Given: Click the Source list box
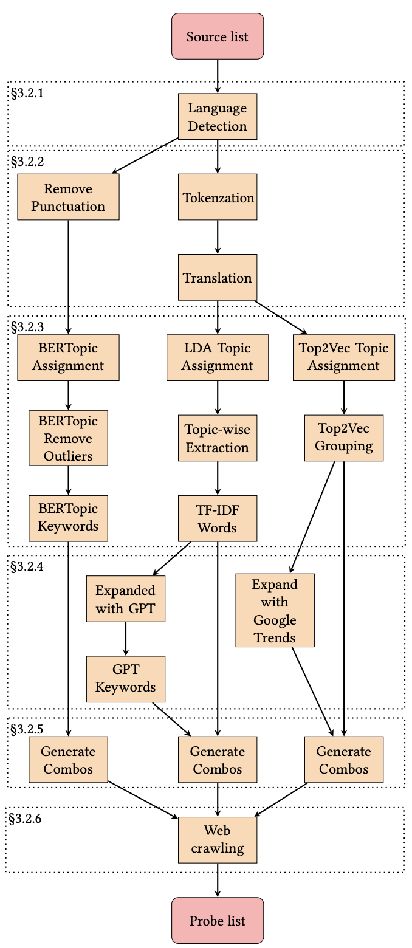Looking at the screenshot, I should coord(218,36).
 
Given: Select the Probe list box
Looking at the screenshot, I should coord(218,920).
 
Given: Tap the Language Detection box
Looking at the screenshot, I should coord(218,117).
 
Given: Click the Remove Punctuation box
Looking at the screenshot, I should coord(68,197).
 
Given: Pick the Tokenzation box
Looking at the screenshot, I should coord(218,197).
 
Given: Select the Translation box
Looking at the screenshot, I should coord(218,277).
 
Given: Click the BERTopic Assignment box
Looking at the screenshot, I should coord(68,357).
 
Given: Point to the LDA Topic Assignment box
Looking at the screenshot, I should coord(218,357).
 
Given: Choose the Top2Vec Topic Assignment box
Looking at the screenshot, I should coord(344,357).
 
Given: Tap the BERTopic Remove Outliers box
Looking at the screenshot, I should coord(68,438).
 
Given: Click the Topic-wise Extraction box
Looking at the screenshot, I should coord(218,438).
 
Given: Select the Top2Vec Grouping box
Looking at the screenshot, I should coord(344,438).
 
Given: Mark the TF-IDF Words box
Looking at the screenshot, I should coord(218,518).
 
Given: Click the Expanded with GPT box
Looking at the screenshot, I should coord(126,599).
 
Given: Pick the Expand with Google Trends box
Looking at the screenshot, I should coord(275,610).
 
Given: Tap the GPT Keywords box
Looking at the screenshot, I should coord(126,679).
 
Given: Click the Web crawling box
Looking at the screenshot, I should coord(218,839).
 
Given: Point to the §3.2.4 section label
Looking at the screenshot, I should coord(27,565).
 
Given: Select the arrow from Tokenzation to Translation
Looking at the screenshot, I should coord(218,237).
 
